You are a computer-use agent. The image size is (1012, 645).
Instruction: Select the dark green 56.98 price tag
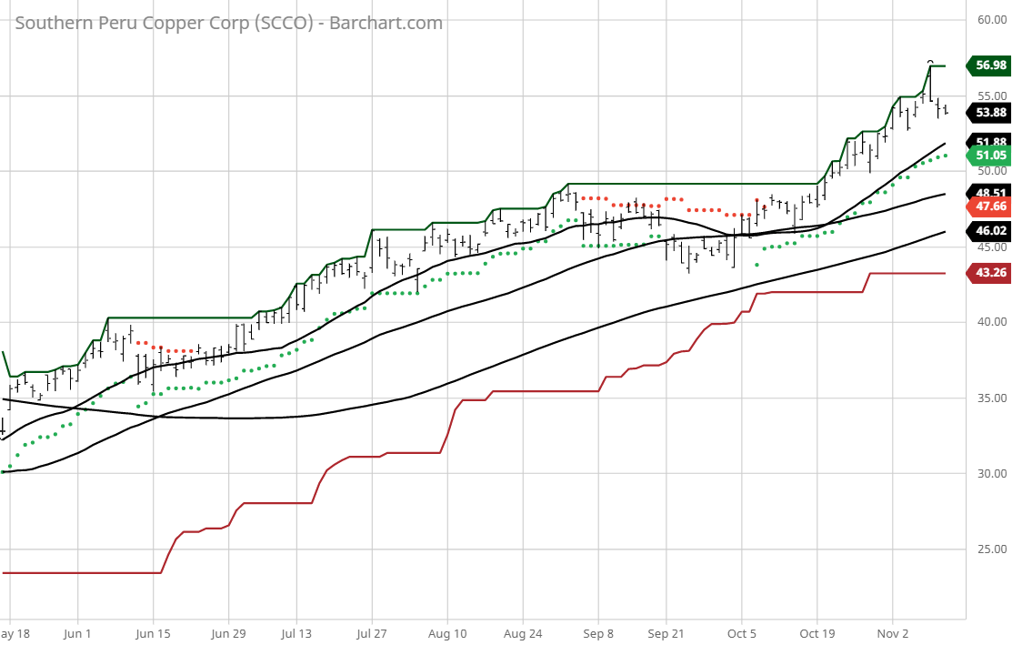coord(989,66)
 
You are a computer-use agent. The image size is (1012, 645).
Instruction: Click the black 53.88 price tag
coord(989,113)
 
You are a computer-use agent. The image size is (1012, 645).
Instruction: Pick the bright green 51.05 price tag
coord(989,156)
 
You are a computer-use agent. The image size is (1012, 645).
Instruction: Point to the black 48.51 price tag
coord(989,193)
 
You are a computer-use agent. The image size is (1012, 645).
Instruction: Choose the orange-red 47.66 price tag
coord(989,207)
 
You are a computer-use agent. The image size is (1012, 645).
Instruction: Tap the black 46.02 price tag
coord(989,231)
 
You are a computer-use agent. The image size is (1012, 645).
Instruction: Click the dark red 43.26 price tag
coord(989,273)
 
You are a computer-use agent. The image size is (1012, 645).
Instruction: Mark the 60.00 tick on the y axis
coord(990,19)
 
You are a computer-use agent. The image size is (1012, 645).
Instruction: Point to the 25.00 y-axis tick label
coord(990,549)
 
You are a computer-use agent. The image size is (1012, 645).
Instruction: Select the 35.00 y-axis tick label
coord(990,398)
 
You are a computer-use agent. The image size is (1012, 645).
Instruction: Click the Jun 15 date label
coord(153,632)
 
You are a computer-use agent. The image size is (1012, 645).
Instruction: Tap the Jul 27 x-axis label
coord(371,632)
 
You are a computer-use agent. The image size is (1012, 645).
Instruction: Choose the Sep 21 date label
coord(666,632)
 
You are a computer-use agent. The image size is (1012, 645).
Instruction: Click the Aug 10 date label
coord(446,632)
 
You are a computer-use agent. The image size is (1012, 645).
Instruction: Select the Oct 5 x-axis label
coord(742,632)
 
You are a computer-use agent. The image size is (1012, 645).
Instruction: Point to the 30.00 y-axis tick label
coord(990,474)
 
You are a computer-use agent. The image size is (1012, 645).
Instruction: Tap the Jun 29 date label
coord(228,632)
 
